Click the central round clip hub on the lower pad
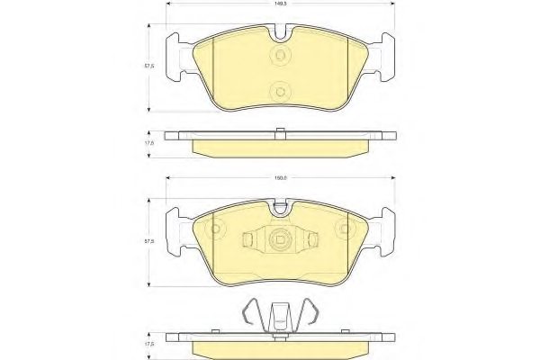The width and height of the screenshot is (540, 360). pyautogui.click(x=279, y=239)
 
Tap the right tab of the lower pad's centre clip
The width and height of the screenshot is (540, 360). pyautogui.click(x=310, y=239)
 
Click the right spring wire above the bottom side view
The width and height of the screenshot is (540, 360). pyautogui.click(x=309, y=314)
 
